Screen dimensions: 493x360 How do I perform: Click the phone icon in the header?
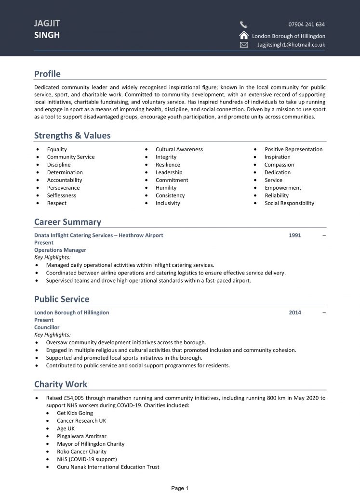click(243, 25)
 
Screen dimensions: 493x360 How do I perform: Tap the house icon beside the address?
click(243, 35)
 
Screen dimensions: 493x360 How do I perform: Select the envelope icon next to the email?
click(243, 45)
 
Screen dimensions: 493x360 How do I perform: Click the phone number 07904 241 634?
click(307, 24)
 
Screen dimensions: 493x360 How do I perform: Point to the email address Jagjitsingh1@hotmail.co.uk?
click(291, 45)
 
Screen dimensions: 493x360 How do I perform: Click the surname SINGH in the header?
click(47, 35)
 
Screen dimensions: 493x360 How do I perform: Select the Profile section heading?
click(47, 74)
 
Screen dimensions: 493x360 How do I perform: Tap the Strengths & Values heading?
click(72, 135)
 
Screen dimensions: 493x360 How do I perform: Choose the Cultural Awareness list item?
click(179, 149)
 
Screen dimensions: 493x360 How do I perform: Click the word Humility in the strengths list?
click(166, 188)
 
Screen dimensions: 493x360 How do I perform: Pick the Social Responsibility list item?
click(289, 203)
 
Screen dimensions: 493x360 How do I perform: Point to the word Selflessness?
click(62, 195)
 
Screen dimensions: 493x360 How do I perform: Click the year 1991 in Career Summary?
click(295, 235)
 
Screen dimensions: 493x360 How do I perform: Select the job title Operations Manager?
click(60, 250)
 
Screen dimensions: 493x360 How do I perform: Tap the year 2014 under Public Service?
click(295, 312)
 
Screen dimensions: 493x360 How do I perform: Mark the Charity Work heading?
click(61, 384)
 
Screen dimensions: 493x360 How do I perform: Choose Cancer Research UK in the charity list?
click(81, 421)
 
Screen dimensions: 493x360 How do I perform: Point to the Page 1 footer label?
click(180, 488)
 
